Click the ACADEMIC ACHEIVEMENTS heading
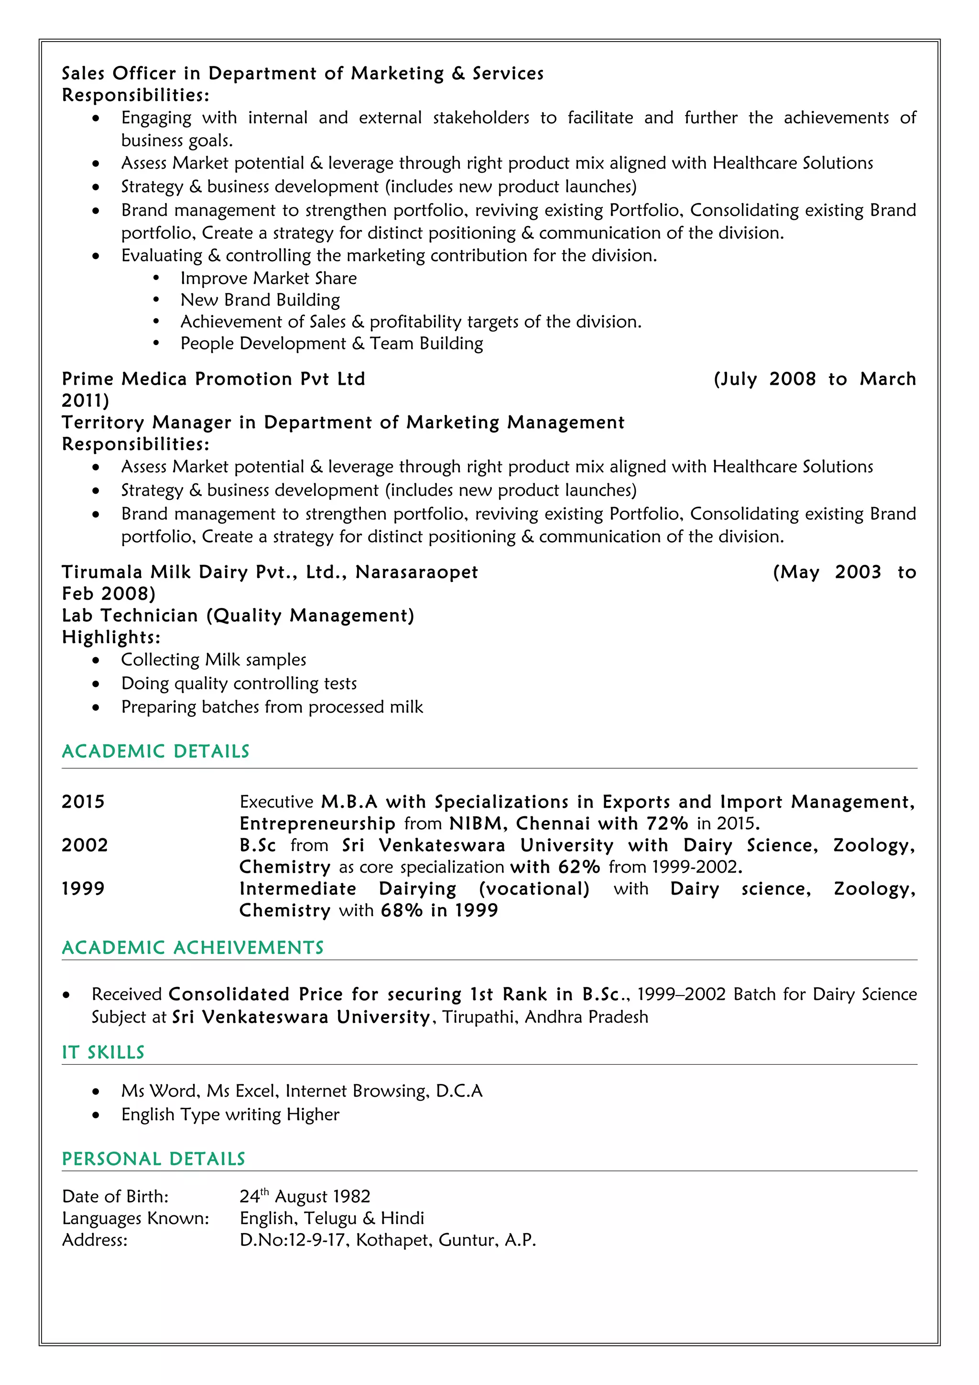point(193,947)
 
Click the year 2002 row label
point(85,845)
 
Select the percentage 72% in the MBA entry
point(667,823)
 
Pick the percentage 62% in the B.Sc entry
point(579,867)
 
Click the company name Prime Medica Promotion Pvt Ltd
point(214,379)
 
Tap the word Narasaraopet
point(416,572)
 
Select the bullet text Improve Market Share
point(269,278)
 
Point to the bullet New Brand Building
point(260,300)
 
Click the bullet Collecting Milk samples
point(214,660)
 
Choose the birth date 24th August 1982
point(305,1196)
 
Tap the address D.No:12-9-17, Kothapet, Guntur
point(387,1240)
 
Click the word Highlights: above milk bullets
point(111,637)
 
